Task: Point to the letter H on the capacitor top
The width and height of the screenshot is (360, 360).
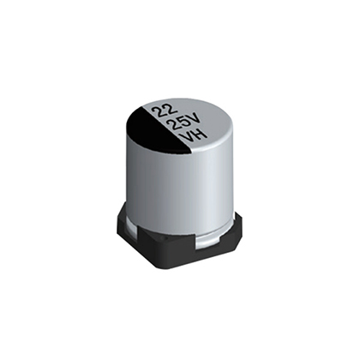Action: [x=200, y=134]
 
